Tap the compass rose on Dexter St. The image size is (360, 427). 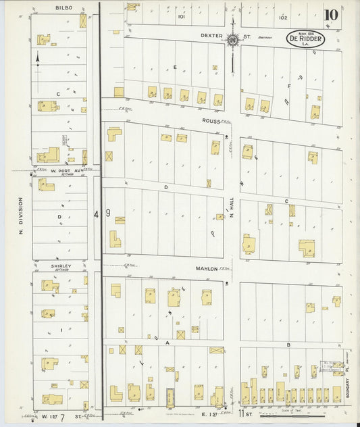[233, 40]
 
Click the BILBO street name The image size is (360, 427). [63, 7]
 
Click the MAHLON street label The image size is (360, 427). [207, 268]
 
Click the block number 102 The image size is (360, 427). [282, 17]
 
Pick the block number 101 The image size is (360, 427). [181, 17]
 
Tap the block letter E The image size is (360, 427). [174, 67]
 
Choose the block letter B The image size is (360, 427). [288, 345]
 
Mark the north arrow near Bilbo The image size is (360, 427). [38, 59]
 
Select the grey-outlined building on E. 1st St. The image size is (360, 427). [170, 394]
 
